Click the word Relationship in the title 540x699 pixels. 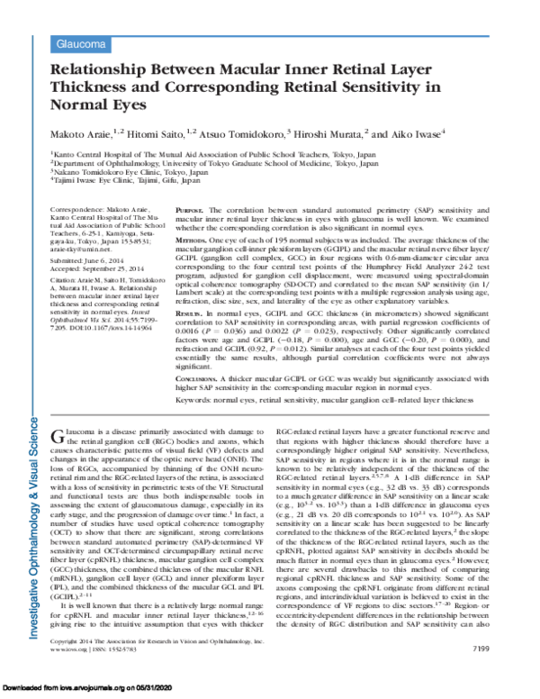click(x=105, y=68)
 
